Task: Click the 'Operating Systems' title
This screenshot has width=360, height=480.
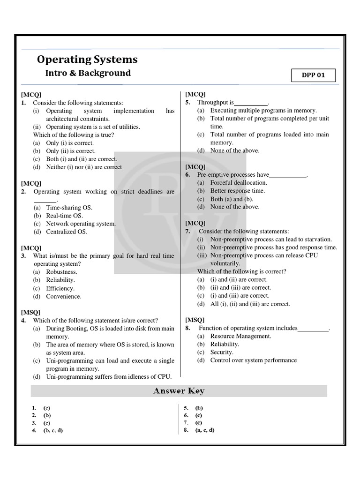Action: (87, 60)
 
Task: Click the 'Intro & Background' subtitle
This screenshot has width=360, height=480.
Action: (88, 73)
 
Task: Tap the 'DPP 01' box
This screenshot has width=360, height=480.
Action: (313, 75)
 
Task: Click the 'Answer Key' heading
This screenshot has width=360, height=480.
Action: (179, 390)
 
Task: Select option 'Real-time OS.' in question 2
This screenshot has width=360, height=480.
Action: (64, 216)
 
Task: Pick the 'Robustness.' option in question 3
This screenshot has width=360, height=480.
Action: (61, 272)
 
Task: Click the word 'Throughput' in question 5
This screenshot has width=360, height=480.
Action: (215, 102)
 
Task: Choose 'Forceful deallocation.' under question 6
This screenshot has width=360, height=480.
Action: (239, 183)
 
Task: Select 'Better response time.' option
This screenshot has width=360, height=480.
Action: (238, 191)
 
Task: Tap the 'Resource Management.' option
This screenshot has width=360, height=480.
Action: (240, 336)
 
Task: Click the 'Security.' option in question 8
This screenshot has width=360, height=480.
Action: (222, 352)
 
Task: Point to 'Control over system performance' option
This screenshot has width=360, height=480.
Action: (253, 360)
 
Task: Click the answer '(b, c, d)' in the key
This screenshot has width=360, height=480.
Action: (53, 430)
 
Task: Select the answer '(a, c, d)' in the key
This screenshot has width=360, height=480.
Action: (205, 430)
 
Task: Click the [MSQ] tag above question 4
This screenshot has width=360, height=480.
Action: (30, 312)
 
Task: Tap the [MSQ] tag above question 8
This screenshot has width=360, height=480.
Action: (195, 320)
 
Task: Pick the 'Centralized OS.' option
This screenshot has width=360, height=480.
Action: (67, 232)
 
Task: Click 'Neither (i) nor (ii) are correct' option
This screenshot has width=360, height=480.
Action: (83, 167)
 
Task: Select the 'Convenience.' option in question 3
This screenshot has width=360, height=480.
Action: (63, 296)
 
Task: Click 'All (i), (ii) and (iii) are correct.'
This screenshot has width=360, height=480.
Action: (250, 304)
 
